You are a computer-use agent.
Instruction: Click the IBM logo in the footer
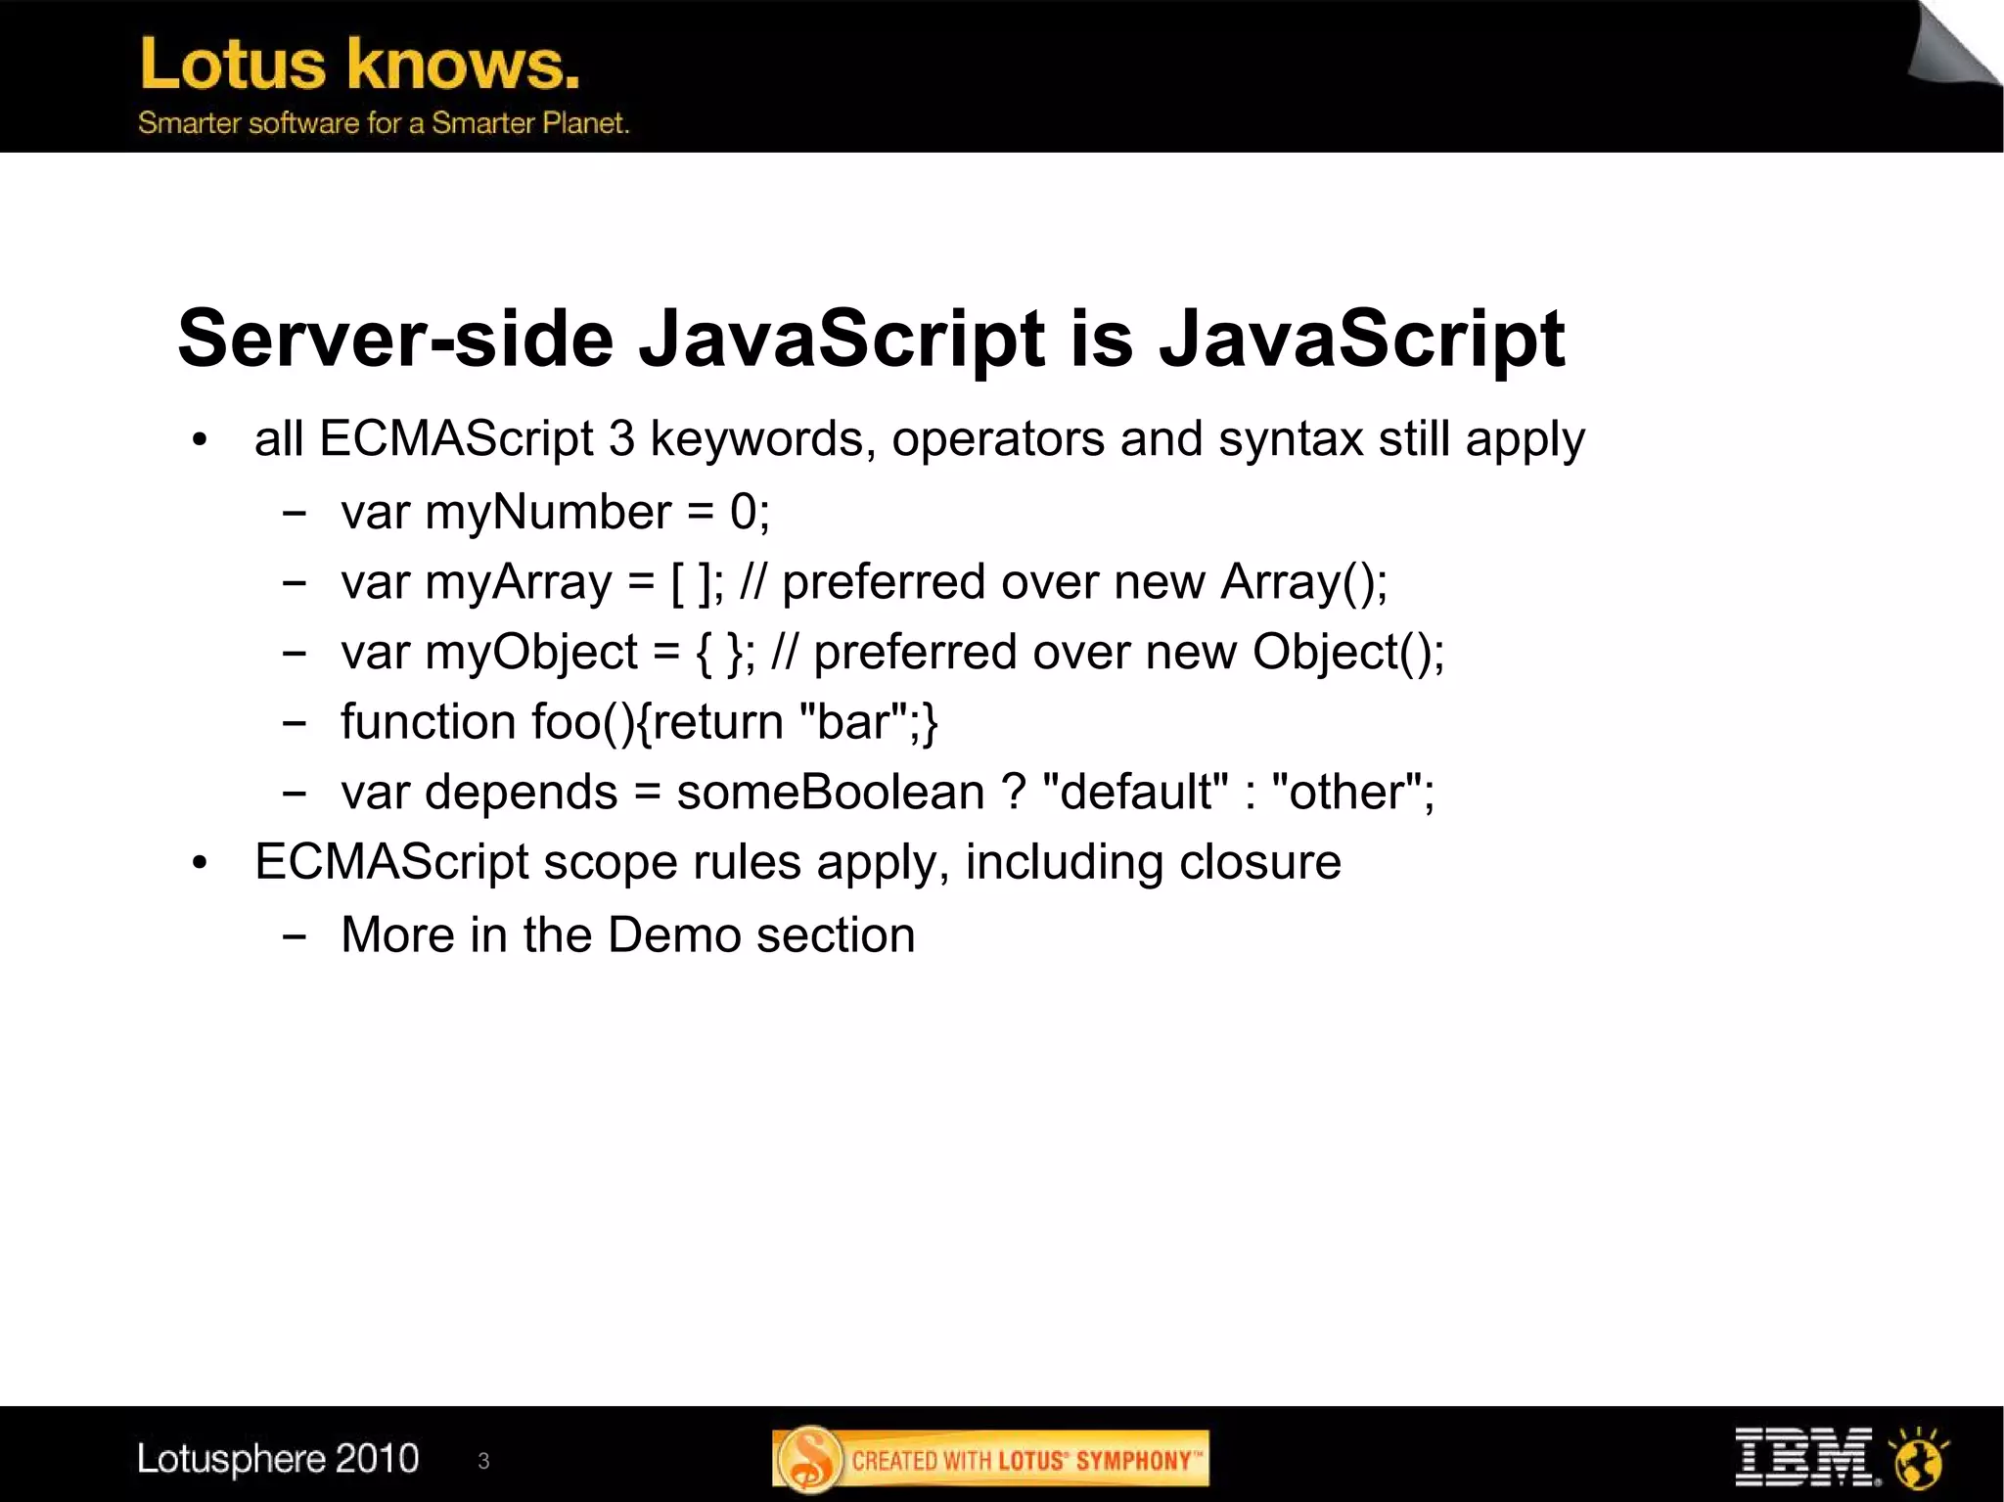1803,1457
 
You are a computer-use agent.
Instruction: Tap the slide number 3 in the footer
483,1461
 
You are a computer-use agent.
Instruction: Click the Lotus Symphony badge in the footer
990,1460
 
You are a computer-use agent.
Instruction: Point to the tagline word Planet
585,123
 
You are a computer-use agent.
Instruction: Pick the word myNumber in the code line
548,513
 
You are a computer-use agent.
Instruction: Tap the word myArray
519,583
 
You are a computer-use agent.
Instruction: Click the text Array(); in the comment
1303,582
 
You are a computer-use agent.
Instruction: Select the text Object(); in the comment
1347,653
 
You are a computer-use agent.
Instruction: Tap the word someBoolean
830,793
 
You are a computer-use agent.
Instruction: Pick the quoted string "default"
1135,793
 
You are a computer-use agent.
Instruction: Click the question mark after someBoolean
1013,793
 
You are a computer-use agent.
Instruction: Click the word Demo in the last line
673,935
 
